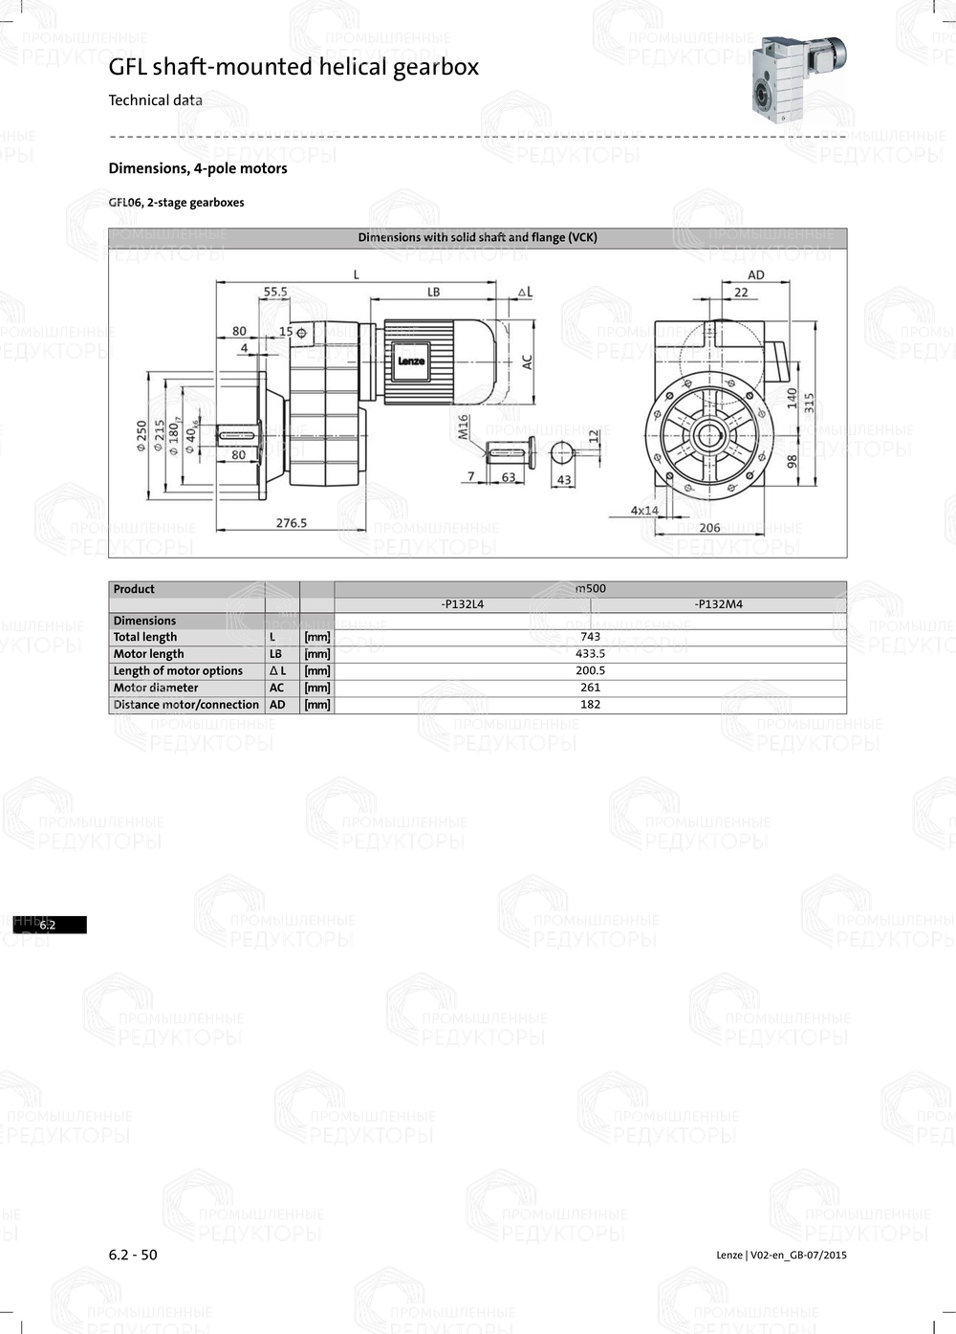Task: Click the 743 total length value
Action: click(590, 637)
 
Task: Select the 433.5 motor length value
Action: click(590, 654)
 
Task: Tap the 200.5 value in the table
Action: click(590, 670)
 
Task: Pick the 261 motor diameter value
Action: click(590, 688)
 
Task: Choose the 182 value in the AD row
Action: click(590, 705)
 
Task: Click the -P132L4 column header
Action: click(463, 604)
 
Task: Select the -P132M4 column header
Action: click(718, 604)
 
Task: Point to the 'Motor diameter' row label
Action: click(156, 688)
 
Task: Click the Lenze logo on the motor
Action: click(411, 361)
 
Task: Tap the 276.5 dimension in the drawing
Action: click(292, 523)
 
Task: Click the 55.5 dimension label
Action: click(275, 292)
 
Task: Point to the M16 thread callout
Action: click(464, 426)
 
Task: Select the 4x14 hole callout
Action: click(644, 511)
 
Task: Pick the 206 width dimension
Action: click(709, 528)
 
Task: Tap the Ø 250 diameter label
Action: click(142, 436)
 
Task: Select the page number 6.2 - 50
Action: click(133, 1255)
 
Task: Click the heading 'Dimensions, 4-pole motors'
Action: click(198, 168)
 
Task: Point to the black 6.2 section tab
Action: click(50, 925)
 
